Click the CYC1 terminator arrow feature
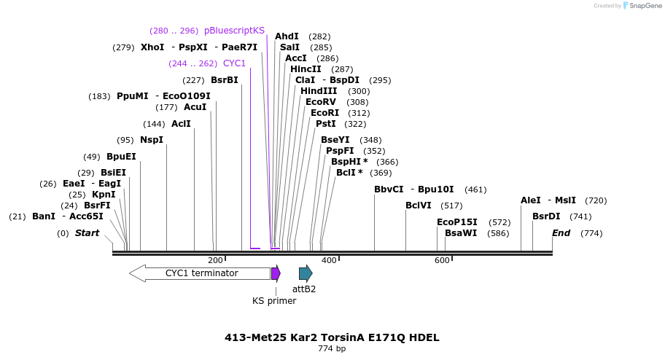201,273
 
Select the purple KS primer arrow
276,273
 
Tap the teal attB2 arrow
306,273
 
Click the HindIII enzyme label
319,91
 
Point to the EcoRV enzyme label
321,102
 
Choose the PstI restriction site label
326,124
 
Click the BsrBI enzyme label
225,80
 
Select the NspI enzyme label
152,140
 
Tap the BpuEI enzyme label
121,157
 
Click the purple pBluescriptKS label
235,31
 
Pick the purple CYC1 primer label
235,63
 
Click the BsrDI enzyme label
546,216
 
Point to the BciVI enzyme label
419,206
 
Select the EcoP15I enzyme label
457,222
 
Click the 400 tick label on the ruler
329,260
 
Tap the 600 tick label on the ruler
442,260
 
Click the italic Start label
87,233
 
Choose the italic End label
561,233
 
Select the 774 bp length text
332,349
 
